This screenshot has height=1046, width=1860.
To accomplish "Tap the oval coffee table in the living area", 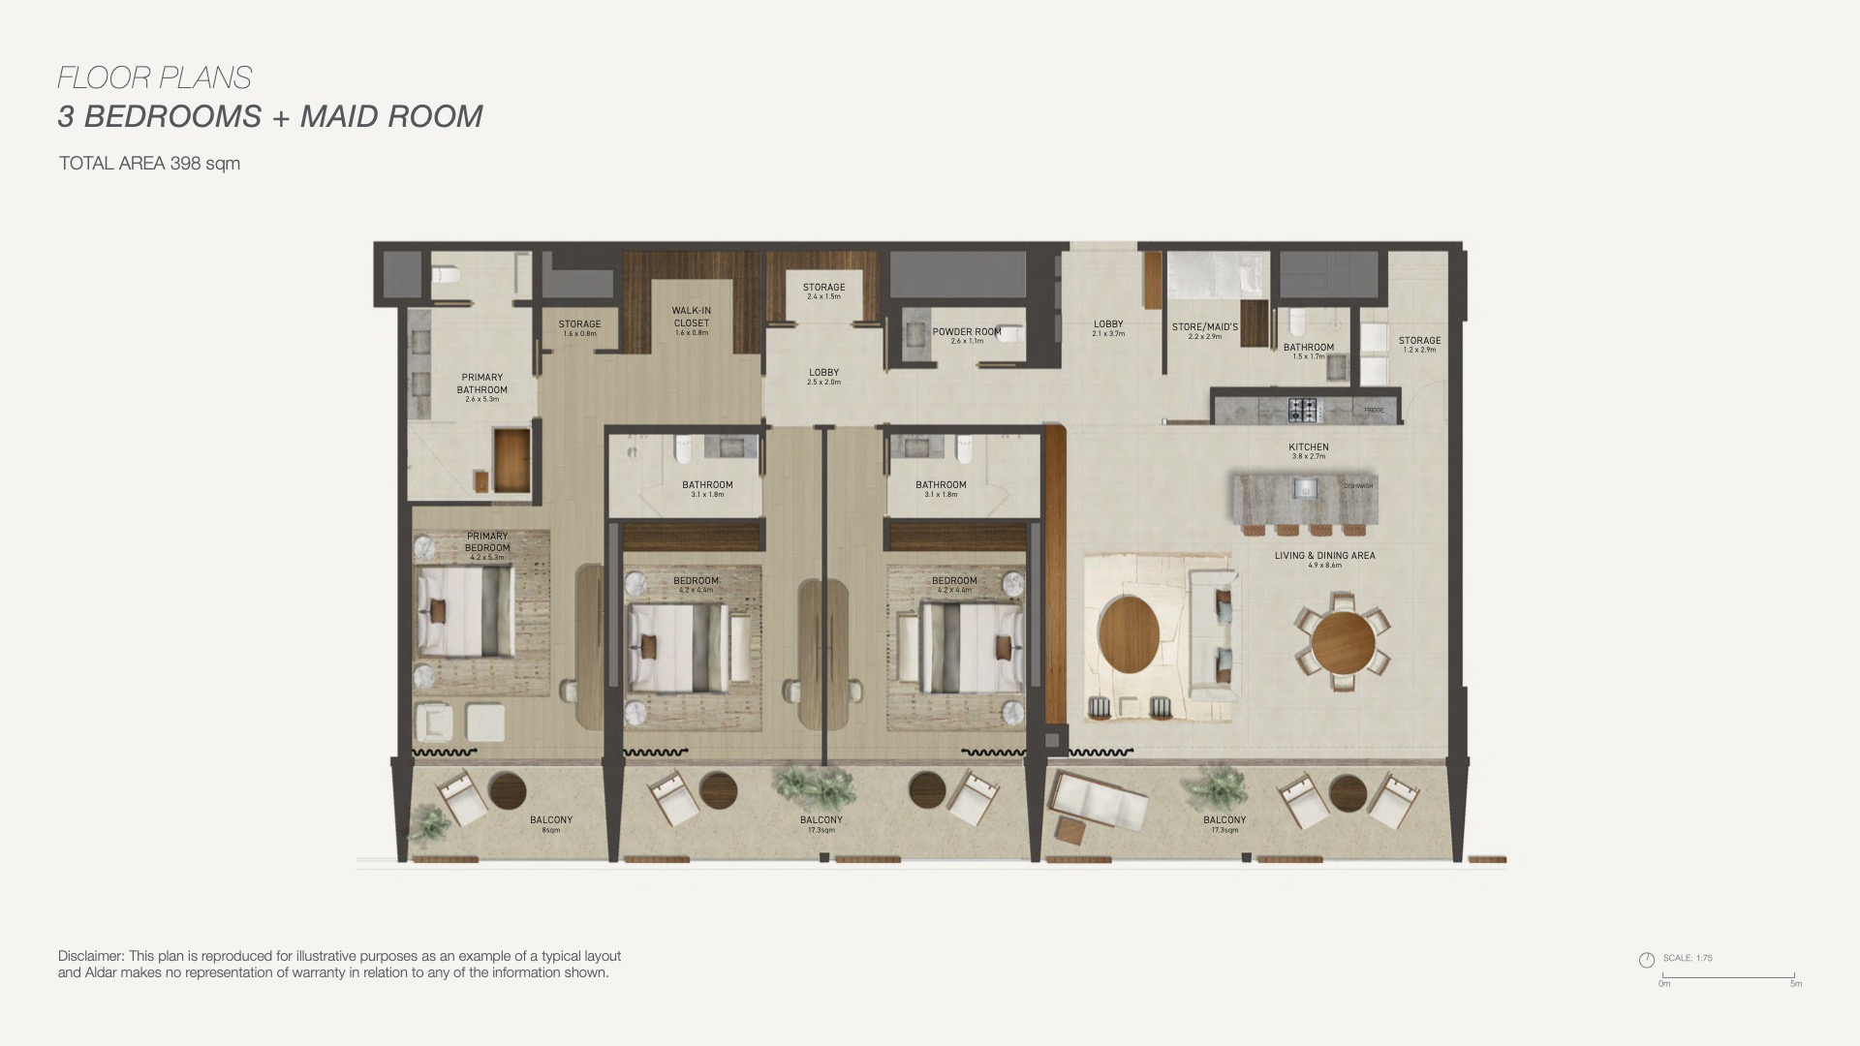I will pos(1130,634).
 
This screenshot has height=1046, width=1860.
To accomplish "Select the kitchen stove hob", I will pos(1302,410).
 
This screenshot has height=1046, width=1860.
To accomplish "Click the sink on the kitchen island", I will pos(1305,487).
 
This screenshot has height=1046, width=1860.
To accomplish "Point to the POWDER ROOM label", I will pos(966,332).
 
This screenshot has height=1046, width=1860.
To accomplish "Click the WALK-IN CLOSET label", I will pos(691,318).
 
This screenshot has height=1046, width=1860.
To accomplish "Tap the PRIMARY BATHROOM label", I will pos(481,384).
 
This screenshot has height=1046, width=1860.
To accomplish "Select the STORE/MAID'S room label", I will pos(1204,327).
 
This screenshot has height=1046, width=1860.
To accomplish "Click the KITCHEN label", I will pos(1308,447).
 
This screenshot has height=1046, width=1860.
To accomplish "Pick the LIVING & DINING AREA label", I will pos(1324,556).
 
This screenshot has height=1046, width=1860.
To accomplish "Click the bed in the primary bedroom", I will pos(465,611).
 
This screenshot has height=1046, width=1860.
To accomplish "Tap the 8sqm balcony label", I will pos(550,823).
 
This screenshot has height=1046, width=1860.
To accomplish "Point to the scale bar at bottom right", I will pos(1728,977).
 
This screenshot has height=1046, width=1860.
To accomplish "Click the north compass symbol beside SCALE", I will pos(1646,960).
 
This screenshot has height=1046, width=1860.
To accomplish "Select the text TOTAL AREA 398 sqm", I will pos(149,164).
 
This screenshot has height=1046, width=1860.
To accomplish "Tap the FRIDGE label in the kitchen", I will pos(1373,411).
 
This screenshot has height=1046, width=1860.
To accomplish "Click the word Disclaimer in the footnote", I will pos(90,956).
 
